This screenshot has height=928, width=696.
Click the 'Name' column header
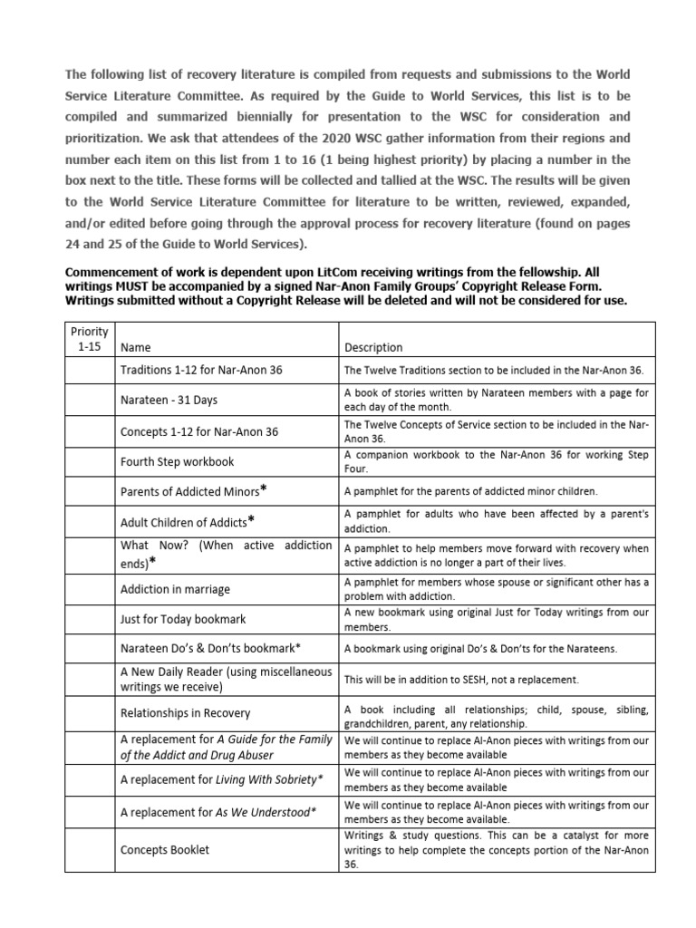click(136, 347)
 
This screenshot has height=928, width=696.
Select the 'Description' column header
click(373, 347)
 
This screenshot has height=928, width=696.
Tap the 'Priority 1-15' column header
click(91, 339)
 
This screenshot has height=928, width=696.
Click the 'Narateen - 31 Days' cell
click(169, 400)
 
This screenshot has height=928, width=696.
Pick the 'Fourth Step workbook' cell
click(177, 461)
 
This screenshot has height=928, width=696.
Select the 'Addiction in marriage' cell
click(175, 589)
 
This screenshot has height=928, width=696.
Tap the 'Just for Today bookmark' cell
click(182, 619)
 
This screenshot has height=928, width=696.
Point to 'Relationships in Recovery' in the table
click(185, 713)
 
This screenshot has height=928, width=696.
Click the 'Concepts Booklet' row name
click(164, 850)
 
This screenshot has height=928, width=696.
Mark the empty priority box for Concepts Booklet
click(91, 850)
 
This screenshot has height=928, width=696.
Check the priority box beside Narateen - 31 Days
click(91, 400)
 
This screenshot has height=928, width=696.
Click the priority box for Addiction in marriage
click(91, 589)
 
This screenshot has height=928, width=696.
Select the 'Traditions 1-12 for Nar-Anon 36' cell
click(200, 370)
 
